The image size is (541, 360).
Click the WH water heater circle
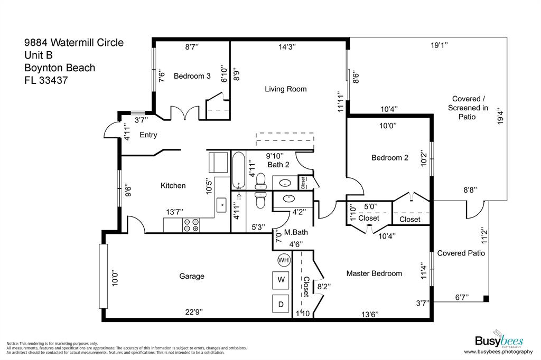coord(284,260)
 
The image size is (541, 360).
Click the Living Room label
coord(285,89)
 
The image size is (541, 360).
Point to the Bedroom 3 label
coord(192,76)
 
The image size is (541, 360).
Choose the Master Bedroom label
coord(374,273)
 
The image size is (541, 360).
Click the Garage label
coord(191,276)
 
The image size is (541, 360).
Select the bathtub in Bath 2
coord(238,170)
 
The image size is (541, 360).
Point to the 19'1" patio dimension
coord(439,45)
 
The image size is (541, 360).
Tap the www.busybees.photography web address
coord(498,352)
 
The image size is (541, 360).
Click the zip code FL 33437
coord(46,81)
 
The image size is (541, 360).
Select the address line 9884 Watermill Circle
coord(74,42)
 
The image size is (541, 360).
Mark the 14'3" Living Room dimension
coord(287,47)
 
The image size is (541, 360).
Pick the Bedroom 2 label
coord(390,158)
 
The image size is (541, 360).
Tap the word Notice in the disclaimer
coord(13,343)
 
